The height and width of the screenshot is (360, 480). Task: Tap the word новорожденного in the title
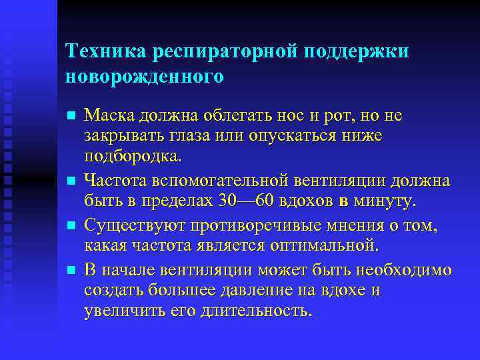(145, 77)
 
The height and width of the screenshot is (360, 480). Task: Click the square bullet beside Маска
(71, 116)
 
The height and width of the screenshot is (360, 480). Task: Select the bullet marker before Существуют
(71, 227)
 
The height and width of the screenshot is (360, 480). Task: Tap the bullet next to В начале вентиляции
(71, 270)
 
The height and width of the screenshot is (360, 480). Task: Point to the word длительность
(252, 311)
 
